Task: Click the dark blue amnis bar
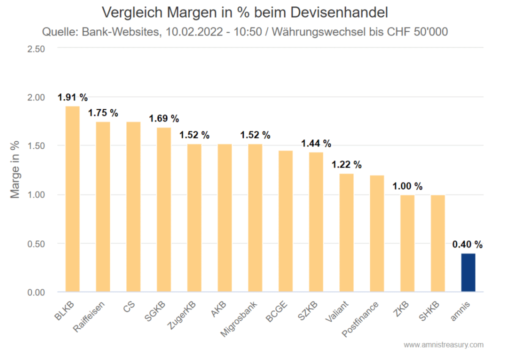tap(468, 272)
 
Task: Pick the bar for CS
tap(133, 207)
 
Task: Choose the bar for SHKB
tap(438, 243)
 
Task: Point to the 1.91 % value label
tap(72, 97)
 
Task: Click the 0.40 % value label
tap(467, 244)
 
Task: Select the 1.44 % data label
tap(316, 143)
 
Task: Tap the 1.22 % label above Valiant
tap(346, 164)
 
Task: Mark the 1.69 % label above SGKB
tap(164, 118)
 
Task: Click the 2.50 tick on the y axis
tap(35, 48)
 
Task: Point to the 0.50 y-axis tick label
tap(35, 243)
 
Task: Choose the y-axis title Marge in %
tap(15, 170)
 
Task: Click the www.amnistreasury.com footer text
tap(443, 345)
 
